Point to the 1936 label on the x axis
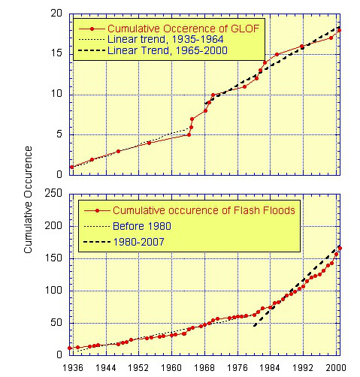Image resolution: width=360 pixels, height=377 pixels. click(x=72, y=368)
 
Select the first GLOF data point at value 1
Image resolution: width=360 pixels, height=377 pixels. click(x=71, y=167)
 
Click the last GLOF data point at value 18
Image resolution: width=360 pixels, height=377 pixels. click(x=339, y=30)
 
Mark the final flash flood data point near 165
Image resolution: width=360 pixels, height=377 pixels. click(x=340, y=248)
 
